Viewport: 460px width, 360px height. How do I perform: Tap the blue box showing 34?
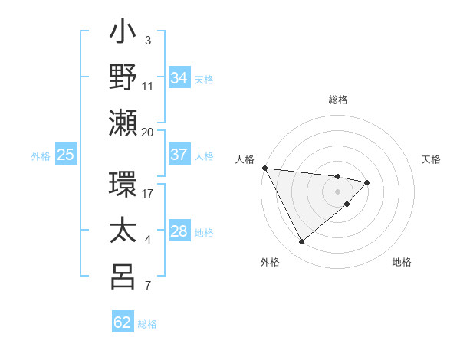179,78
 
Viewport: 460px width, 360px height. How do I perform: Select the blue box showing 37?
179,155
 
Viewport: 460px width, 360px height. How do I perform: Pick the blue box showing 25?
66,155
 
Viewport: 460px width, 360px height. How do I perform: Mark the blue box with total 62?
123,322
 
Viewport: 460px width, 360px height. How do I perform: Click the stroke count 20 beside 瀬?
148,132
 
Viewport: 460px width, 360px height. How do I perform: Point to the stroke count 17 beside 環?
148,194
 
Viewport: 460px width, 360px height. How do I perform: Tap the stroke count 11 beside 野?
148,86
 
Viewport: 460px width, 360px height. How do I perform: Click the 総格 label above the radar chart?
338,100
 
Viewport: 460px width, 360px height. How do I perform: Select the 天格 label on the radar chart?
432,159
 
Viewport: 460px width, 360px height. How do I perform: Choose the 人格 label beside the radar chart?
244,159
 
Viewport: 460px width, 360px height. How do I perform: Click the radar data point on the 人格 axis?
264,168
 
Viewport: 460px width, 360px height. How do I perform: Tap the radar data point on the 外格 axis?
301,242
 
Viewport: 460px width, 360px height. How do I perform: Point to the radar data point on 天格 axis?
367,182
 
